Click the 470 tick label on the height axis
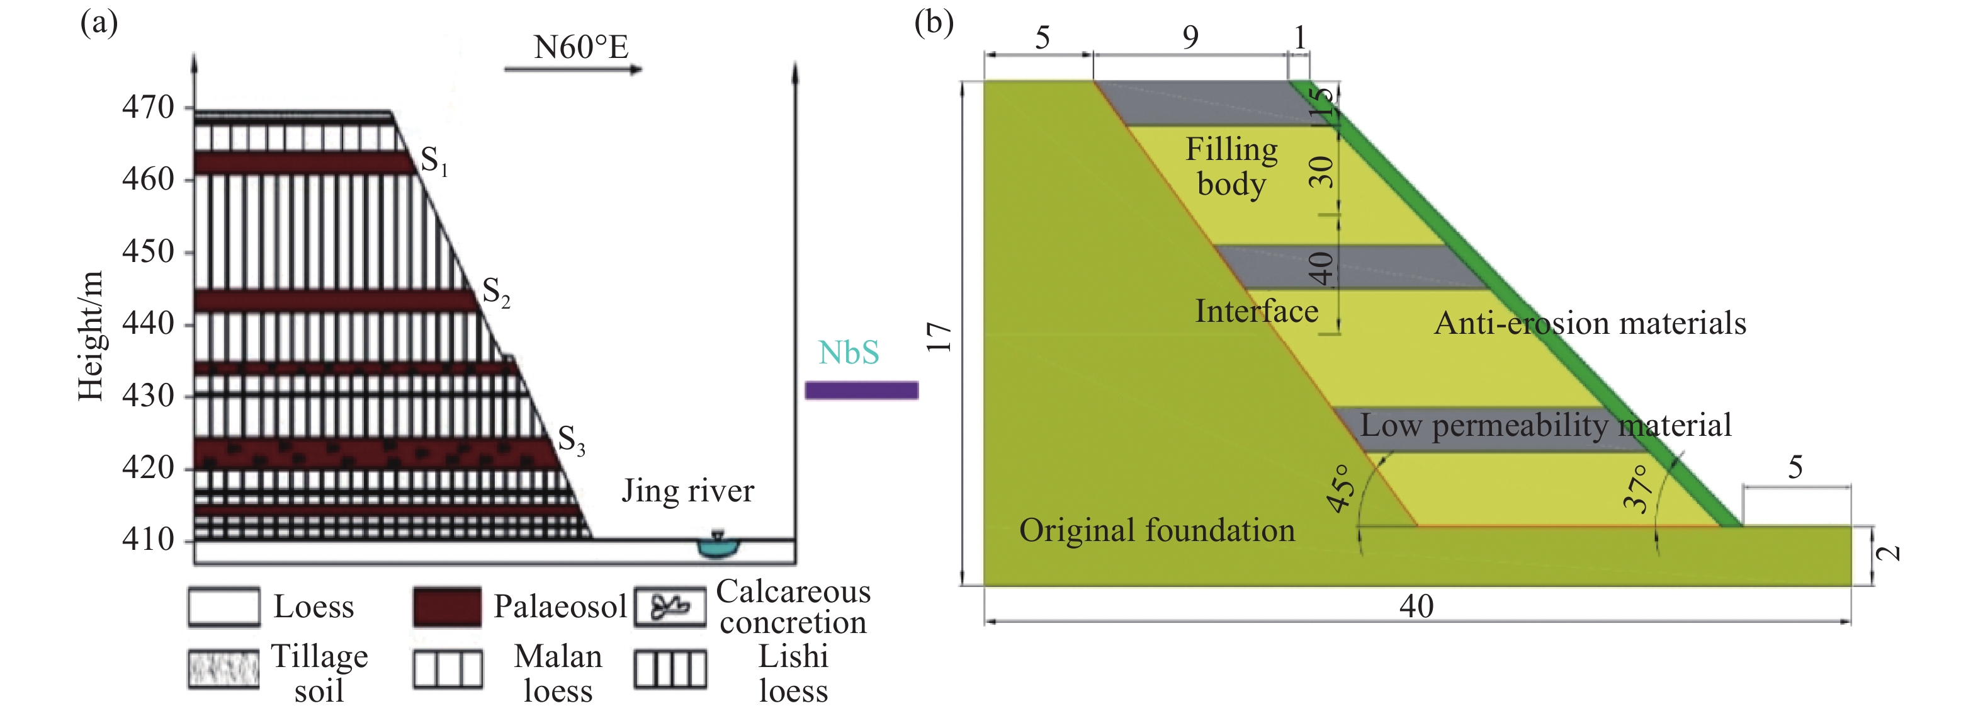148,107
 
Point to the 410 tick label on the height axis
148,539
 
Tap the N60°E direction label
581,48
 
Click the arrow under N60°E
573,70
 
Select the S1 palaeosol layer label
433,161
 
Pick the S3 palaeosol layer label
571,440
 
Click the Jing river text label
687,491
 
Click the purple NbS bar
861,391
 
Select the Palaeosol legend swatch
447,607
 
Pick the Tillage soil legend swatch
223,668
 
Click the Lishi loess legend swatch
670,668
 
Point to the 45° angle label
1341,488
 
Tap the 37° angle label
1637,488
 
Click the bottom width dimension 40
1416,607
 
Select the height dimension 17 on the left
939,337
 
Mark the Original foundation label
1157,530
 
